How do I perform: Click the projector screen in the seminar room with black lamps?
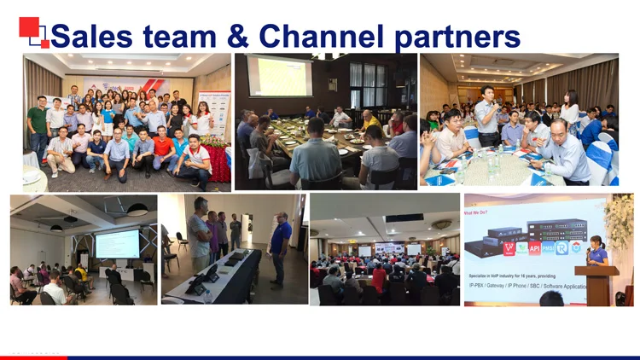click(117, 244)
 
